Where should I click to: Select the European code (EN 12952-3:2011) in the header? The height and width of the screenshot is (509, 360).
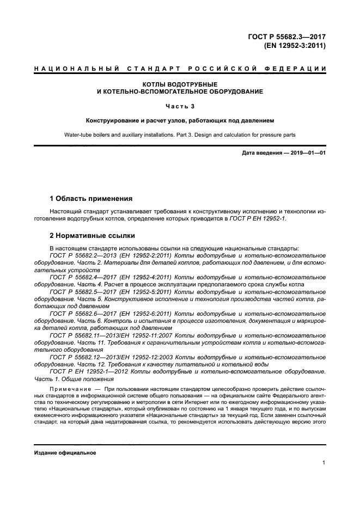(295, 46)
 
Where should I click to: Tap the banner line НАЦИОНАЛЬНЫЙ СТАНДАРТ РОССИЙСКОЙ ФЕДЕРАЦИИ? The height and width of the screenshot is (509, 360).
(180, 69)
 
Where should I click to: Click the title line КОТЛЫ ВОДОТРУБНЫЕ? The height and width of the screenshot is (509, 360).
(180, 84)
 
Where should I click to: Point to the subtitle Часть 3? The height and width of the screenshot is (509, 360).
(180, 106)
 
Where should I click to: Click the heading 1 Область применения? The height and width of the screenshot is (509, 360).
(91, 198)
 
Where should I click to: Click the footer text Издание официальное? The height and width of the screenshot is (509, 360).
(65, 453)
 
